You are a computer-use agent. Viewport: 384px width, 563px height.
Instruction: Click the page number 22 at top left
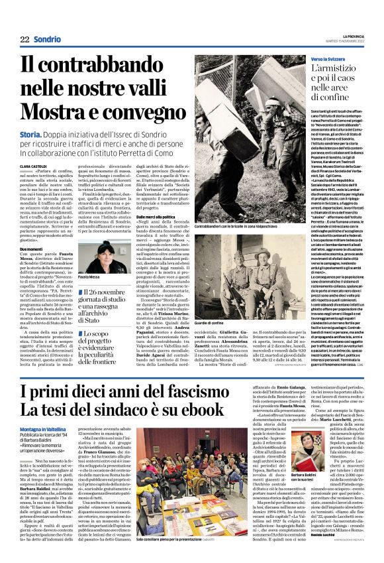(x=24, y=40)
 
